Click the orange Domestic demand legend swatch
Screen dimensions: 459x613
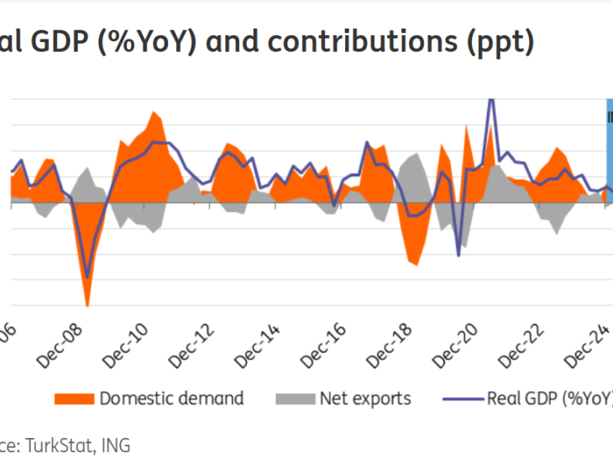pyautogui.click(x=73, y=398)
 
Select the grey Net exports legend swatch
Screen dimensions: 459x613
pyautogui.click(x=294, y=398)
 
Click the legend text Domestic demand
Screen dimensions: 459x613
pyautogui.click(x=171, y=398)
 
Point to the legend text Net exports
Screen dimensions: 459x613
pyautogui.click(x=365, y=398)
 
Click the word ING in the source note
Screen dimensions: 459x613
pyautogui.click(x=115, y=444)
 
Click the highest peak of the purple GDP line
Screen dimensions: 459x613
pyautogui.click(x=491, y=101)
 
